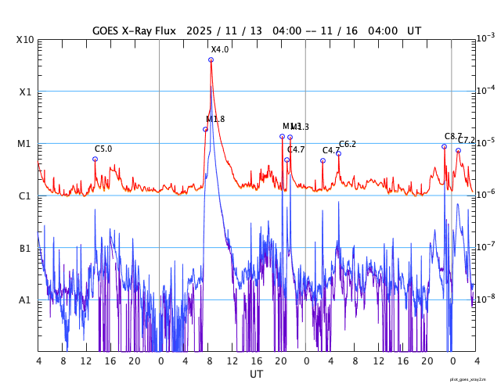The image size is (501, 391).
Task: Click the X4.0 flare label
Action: [x=220, y=49]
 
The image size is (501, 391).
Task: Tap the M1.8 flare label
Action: [x=215, y=119]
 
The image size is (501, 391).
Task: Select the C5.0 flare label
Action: [x=103, y=149]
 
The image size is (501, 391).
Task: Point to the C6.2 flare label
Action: [x=348, y=144]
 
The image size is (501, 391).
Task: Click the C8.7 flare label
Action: [x=453, y=136]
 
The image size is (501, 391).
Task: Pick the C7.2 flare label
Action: [x=467, y=140]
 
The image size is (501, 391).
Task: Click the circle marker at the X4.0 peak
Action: [x=211, y=59]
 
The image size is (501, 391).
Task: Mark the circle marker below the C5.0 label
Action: [x=96, y=159]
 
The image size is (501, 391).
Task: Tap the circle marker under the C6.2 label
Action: [x=339, y=153]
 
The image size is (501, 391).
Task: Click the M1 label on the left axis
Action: [x=24, y=144]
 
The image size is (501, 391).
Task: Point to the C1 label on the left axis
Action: [x=24, y=195]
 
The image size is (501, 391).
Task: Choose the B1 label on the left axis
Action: [x=24, y=248]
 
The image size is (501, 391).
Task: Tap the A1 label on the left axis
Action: [x=24, y=300]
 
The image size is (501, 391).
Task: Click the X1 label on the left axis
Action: [x=24, y=91]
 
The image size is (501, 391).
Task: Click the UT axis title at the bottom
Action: [x=256, y=375]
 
